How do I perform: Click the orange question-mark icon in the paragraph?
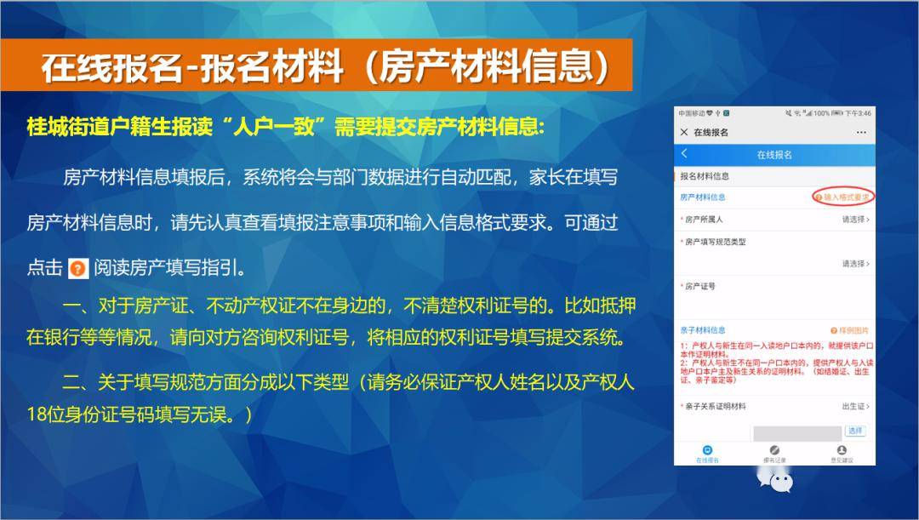[x=77, y=269]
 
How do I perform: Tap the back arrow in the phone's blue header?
[x=685, y=154]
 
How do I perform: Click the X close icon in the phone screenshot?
[x=684, y=133]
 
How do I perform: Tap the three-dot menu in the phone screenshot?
[x=861, y=133]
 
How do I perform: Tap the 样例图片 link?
[x=851, y=330]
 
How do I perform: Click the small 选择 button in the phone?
[x=854, y=431]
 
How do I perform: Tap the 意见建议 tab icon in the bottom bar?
[x=842, y=451]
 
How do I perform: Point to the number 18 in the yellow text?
[x=37, y=414]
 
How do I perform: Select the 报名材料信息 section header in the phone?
[x=705, y=176]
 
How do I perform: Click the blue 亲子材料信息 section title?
[x=703, y=330]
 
